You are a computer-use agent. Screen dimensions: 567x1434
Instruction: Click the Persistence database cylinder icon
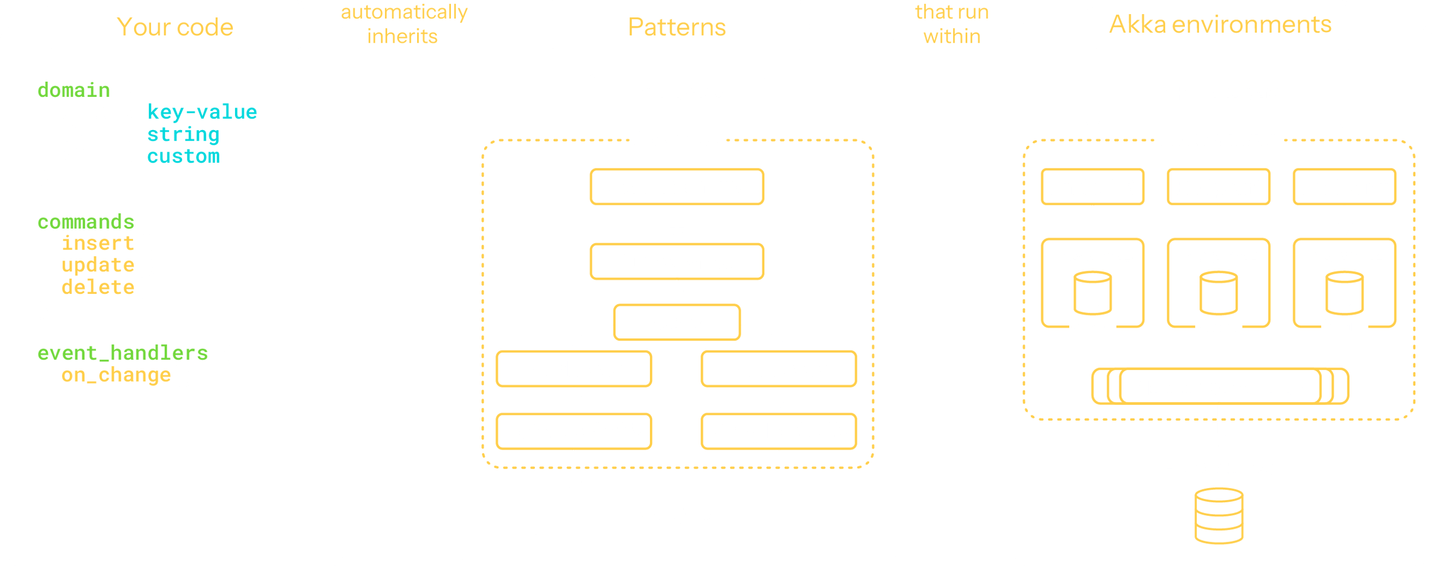(1219, 515)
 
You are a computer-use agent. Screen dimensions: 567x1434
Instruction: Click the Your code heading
(175, 27)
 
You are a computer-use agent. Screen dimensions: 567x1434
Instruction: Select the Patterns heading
(676, 27)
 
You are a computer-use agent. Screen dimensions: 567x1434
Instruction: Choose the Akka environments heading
(1220, 25)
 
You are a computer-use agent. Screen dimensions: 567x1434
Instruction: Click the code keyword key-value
(202, 112)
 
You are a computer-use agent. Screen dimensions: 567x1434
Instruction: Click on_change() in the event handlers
(127, 375)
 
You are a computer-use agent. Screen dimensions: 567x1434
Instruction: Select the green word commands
(86, 222)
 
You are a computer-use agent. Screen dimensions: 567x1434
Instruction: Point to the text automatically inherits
(404, 24)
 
